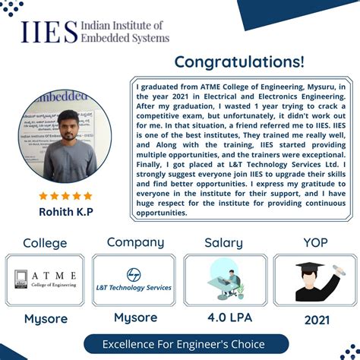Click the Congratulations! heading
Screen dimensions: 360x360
pos(239,61)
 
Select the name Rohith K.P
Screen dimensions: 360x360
pos(66,211)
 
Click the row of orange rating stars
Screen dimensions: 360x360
pos(65,196)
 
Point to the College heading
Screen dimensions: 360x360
pos(45,244)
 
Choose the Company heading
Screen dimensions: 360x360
pos(135,243)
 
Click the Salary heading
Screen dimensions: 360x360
pos(223,244)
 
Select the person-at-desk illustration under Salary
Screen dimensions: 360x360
pos(224,279)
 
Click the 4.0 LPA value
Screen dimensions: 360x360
pos(226,318)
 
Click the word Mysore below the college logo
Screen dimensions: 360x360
pos(45,318)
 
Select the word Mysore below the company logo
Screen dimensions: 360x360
pos(135,317)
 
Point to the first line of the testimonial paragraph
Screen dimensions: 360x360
pos(241,87)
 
